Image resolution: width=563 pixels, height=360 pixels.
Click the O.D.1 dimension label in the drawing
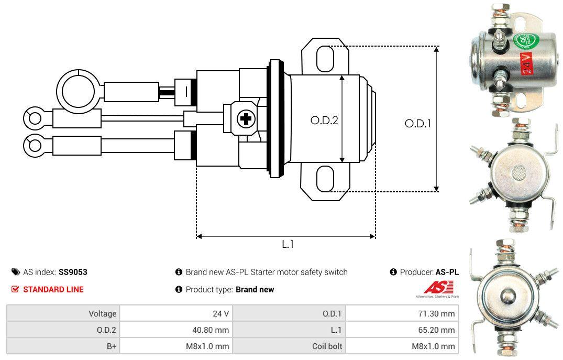[x=417, y=124]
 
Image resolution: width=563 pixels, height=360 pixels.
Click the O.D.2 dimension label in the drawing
[x=324, y=121]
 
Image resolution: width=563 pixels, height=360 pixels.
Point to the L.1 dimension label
[x=288, y=244]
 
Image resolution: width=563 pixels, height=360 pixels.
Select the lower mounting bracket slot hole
[x=325, y=178]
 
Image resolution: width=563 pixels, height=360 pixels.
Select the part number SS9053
[x=73, y=272]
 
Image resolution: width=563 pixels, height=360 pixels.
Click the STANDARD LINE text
[x=53, y=289]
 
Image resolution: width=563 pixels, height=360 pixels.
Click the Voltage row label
[x=102, y=313]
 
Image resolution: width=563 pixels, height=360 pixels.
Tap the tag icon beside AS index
[x=15, y=272]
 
